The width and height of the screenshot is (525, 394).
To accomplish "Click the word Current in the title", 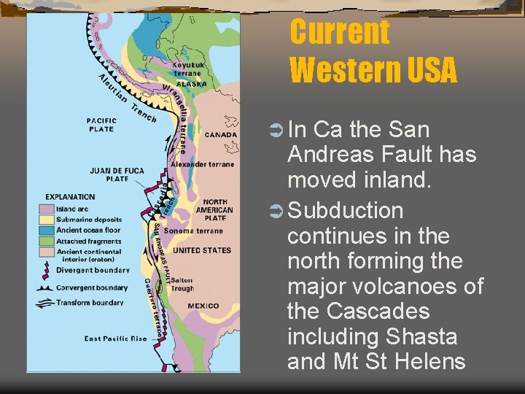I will click(x=340, y=33).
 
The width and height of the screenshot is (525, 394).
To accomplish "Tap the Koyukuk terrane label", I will click(x=188, y=69).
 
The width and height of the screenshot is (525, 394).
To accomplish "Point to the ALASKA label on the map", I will click(x=192, y=83).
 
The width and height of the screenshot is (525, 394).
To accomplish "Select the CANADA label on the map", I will click(x=220, y=134).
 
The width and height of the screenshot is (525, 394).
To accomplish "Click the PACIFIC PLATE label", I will click(x=101, y=125).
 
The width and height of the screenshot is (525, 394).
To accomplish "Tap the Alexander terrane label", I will click(x=203, y=164).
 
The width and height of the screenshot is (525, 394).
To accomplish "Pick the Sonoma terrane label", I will click(x=189, y=231).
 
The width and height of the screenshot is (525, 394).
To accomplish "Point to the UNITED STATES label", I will click(x=201, y=250).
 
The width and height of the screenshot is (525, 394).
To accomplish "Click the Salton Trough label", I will click(x=182, y=284).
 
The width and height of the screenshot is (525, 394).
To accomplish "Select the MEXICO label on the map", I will click(x=201, y=306).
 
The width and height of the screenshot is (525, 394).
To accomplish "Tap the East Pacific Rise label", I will click(x=115, y=339).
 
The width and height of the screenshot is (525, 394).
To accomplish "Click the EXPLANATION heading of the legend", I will click(x=70, y=197).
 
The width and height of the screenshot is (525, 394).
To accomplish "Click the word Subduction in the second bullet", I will click(x=346, y=211).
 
